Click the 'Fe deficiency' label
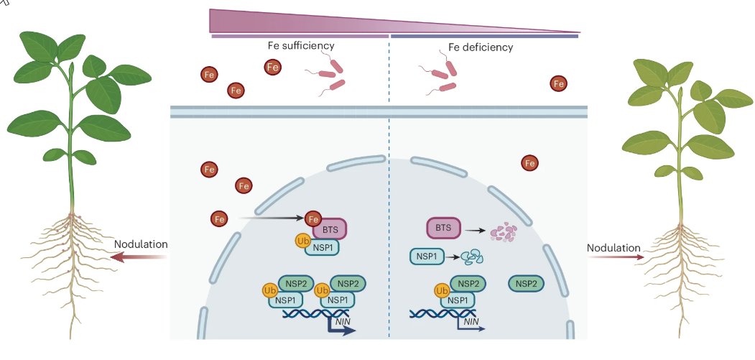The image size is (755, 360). (481, 48)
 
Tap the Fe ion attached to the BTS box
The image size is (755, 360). (313, 218)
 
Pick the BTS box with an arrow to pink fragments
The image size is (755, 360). (444, 229)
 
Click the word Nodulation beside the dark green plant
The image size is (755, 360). (141, 244)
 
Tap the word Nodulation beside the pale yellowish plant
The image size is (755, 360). (613, 249)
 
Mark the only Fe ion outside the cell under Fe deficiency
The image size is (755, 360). (558, 84)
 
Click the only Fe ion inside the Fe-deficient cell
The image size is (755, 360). (530, 164)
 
